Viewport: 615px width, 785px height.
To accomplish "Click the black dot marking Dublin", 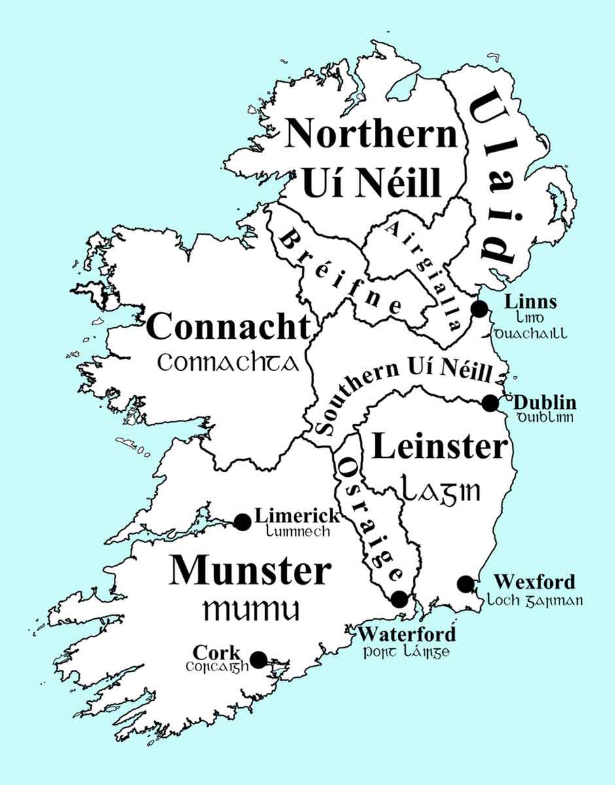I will (x=490, y=403).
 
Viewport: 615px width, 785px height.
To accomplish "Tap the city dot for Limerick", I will (x=243, y=521).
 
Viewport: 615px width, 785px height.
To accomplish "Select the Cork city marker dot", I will (x=259, y=659).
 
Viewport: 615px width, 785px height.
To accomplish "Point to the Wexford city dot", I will (x=465, y=584).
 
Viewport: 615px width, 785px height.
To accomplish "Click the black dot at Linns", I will (x=480, y=309).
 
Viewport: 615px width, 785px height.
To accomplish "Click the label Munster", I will (x=249, y=571).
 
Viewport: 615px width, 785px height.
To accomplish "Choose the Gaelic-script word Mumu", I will (x=251, y=610).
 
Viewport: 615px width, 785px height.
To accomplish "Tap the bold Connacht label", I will (x=228, y=326).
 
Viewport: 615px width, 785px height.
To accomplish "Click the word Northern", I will (x=372, y=133).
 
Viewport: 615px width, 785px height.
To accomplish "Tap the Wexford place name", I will (x=535, y=582).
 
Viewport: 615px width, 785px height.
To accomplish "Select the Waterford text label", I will (x=407, y=634).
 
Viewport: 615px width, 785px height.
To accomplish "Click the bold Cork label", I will (x=217, y=653).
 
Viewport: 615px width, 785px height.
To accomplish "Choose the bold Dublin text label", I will (x=545, y=402).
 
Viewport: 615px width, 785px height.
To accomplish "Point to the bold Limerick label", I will (x=298, y=515).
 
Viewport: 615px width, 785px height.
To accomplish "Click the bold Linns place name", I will (x=531, y=302).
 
